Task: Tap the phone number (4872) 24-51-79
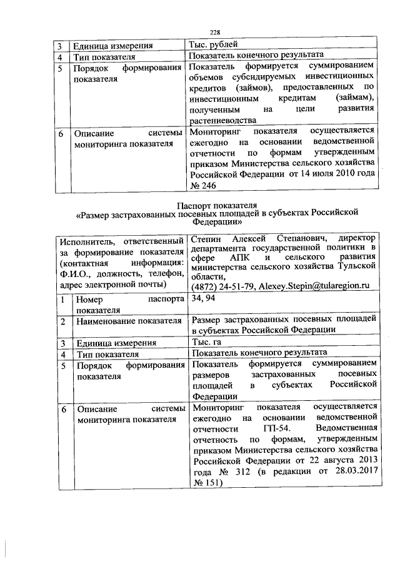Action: tap(222, 286)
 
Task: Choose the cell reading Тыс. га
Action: tap(207, 342)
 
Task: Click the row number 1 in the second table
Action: tap(62, 300)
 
